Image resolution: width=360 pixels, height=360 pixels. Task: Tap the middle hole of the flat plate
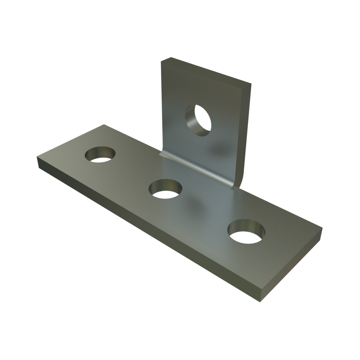(166, 189)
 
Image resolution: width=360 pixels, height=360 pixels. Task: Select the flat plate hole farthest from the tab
(101, 154)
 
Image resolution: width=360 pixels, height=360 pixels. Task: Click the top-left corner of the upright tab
(162, 61)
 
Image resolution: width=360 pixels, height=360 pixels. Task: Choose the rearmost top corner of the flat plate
(104, 125)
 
